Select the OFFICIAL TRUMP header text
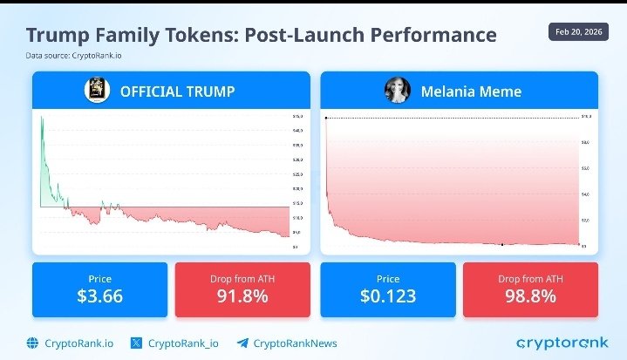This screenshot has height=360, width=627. click(177, 91)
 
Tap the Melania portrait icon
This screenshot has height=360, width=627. click(397, 91)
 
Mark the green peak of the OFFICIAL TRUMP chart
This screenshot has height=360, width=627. click(41, 117)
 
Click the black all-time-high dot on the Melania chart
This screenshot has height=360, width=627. click(326, 118)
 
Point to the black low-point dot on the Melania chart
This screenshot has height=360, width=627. click(502, 244)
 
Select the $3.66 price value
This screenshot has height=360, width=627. click(99, 295)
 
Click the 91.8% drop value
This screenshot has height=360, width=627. click(242, 295)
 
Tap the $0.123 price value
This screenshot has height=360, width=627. click(388, 295)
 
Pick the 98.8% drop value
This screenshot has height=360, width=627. click(530, 295)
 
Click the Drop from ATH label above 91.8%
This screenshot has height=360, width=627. click(242, 278)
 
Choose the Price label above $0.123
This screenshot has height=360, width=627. click(388, 278)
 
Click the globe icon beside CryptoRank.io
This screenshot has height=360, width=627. click(33, 343)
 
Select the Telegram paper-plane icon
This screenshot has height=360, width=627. click(243, 343)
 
